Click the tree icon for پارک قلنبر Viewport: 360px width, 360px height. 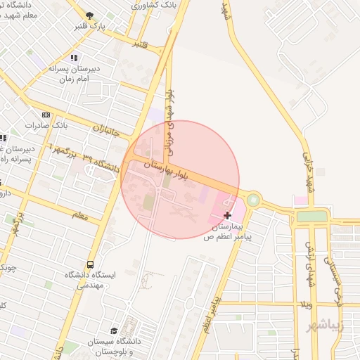tap(89, 15)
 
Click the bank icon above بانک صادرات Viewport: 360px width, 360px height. tap(46, 115)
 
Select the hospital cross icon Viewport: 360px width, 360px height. tap(227, 214)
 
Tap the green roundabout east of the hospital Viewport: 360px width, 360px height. tap(253, 200)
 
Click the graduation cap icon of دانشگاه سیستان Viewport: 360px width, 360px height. tap(115, 330)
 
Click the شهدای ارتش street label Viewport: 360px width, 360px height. tap(309, 264)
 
